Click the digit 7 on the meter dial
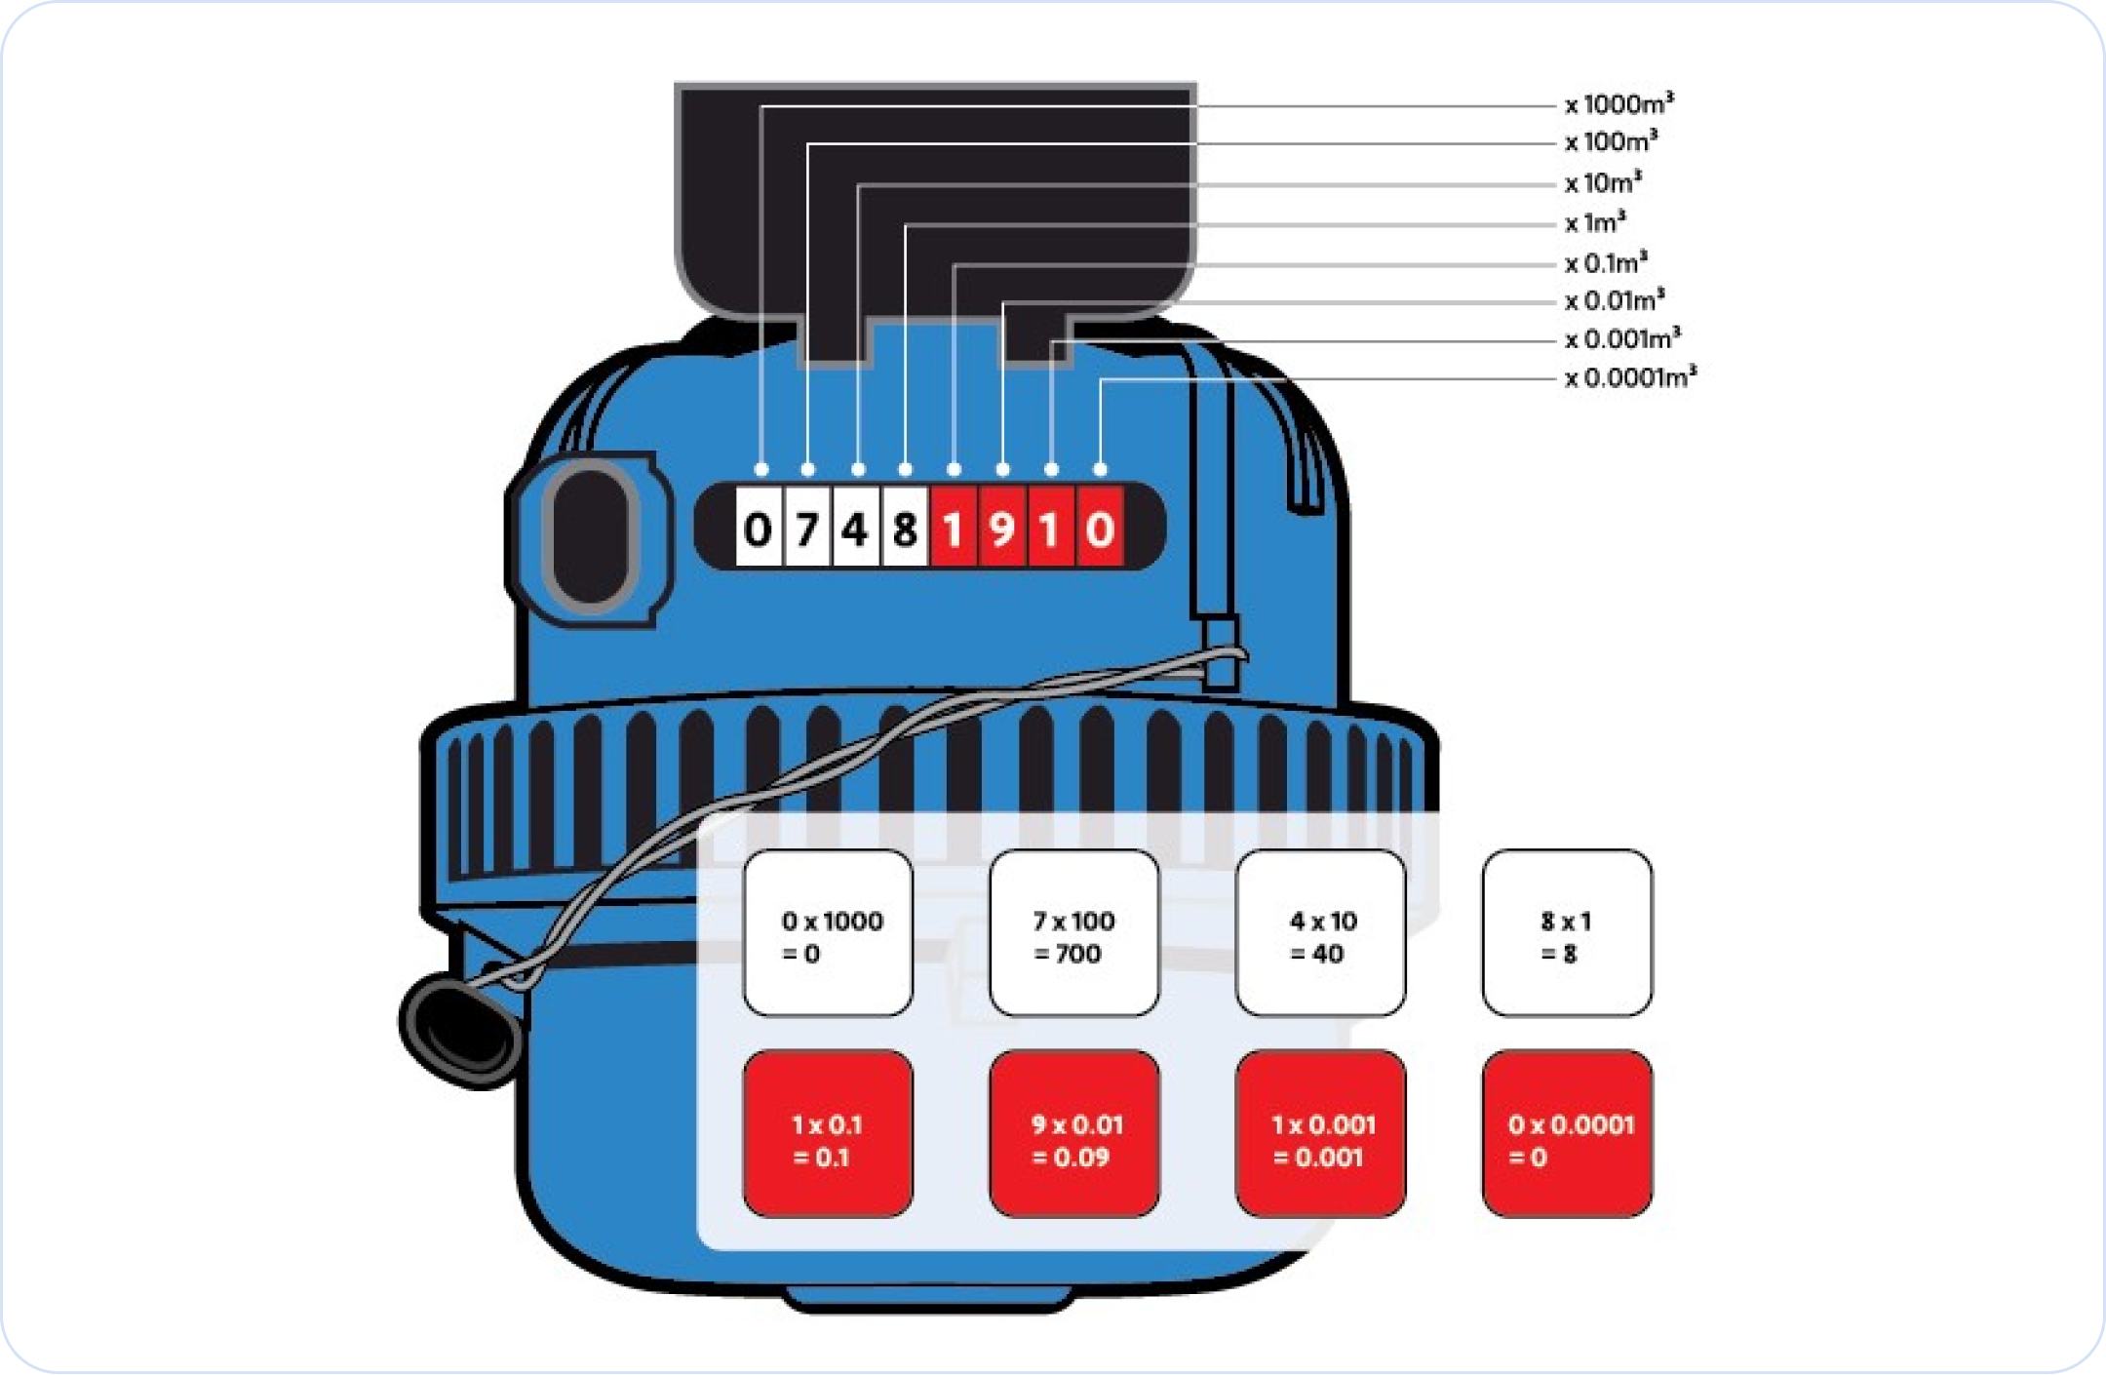(806, 530)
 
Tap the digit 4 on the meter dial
(855, 530)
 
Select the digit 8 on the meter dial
(905, 530)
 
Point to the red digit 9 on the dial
(1001, 530)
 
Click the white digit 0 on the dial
(758, 530)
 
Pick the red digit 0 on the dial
(1100, 530)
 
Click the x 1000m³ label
(1619, 103)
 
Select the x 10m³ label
(1603, 182)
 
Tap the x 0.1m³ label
(1606, 262)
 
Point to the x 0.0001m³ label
(1630, 377)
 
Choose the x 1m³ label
(1595, 223)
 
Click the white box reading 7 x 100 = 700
(1073, 933)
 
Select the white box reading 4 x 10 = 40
(1320, 933)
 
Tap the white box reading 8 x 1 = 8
(1567, 933)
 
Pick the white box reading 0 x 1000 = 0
(828, 933)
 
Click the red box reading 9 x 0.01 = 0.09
(1073, 1134)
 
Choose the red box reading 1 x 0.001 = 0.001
(1320, 1134)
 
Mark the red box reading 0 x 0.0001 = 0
(1567, 1134)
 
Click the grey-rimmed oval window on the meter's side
(590, 537)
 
